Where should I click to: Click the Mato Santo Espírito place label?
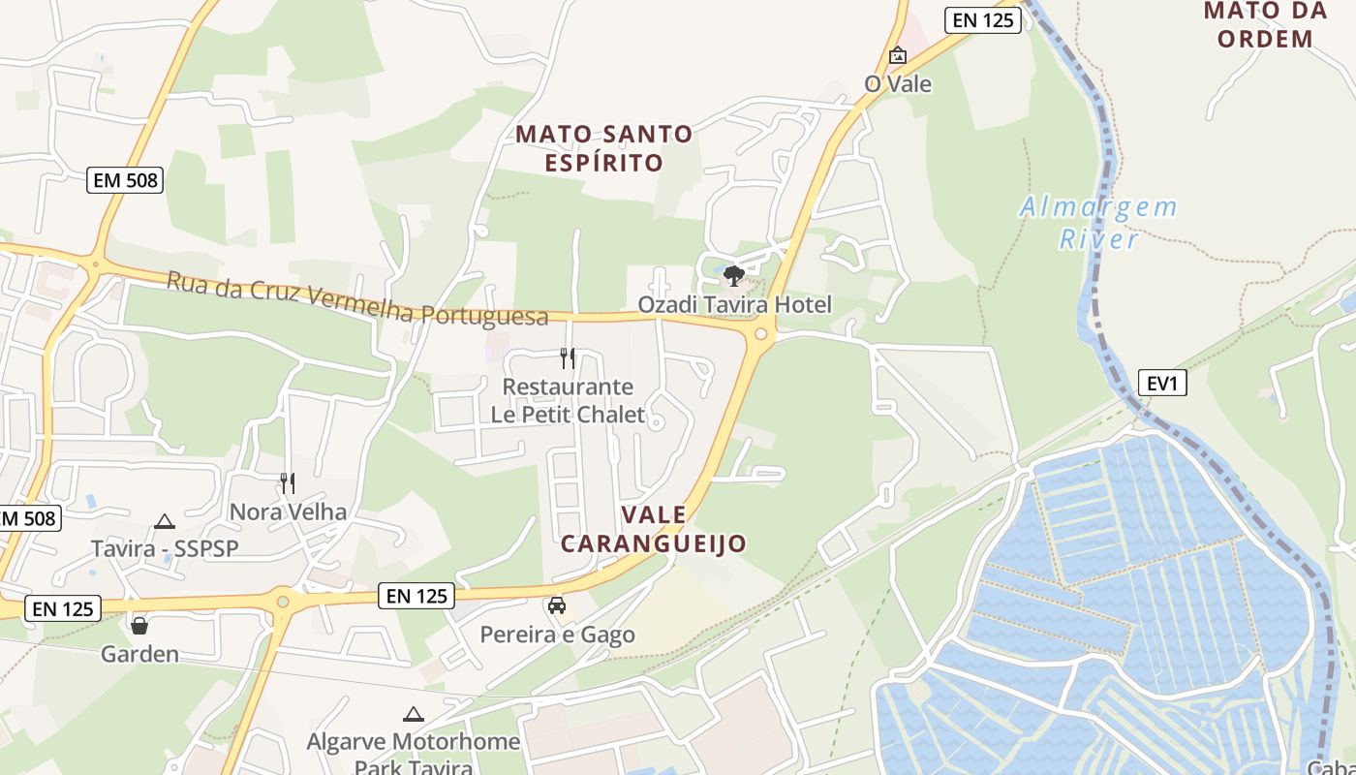pyautogui.click(x=603, y=147)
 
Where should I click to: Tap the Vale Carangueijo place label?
pyautogui.click(x=654, y=528)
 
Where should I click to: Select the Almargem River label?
pyautogui.click(x=1098, y=222)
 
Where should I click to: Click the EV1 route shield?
pyautogui.click(x=1162, y=383)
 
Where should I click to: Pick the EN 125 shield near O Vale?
pyautogui.click(x=983, y=19)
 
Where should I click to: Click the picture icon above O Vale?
pyautogui.click(x=898, y=55)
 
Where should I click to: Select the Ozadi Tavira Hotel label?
pyautogui.click(x=734, y=305)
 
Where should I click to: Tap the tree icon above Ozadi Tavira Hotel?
pyautogui.click(x=733, y=276)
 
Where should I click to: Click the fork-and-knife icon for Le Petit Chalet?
pyautogui.click(x=568, y=358)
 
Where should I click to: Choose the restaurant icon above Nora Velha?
pyautogui.click(x=287, y=482)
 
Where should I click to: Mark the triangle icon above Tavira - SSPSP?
pyautogui.click(x=165, y=521)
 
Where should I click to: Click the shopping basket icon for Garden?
pyautogui.click(x=139, y=626)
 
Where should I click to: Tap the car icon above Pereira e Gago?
pyautogui.click(x=557, y=605)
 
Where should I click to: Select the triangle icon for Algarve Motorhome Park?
pyautogui.click(x=414, y=715)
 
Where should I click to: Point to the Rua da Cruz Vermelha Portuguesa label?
pyautogui.click(x=356, y=299)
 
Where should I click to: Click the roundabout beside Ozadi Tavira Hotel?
pyautogui.click(x=761, y=334)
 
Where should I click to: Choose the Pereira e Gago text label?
pyautogui.click(x=558, y=635)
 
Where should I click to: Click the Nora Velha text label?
pyautogui.click(x=288, y=511)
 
